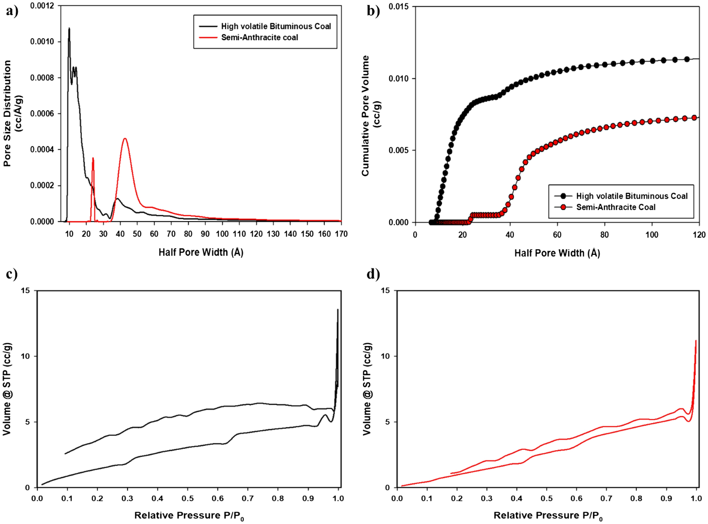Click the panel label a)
pyautogui.click(x=12, y=11)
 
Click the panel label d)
pyautogui.click(x=373, y=274)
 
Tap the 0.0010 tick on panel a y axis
pyautogui.click(x=42, y=42)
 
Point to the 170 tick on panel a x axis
pyautogui.click(x=341, y=234)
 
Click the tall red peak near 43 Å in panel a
pyautogui.click(x=125, y=139)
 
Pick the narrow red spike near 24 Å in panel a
pyautogui.click(x=93, y=159)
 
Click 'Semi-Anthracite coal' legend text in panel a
pyautogui.click(x=259, y=37)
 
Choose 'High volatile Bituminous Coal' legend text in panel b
pyautogui.click(x=631, y=196)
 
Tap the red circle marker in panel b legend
pyautogui.click(x=563, y=207)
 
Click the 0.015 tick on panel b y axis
pyautogui.click(x=398, y=7)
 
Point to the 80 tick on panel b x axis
pyautogui.click(x=604, y=235)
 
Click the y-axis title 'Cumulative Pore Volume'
pyautogui.click(x=365, y=115)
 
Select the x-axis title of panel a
pyautogui.click(x=201, y=252)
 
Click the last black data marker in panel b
pyautogui.click(x=687, y=59)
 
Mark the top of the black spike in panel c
pyautogui.click(x=338, y=310)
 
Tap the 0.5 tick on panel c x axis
pyautogui.click(x=188, y=498)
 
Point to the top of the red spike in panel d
pyautogui.click(x=696, y=341)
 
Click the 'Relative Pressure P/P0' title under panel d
pyautogui.click(x=548, y=516)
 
